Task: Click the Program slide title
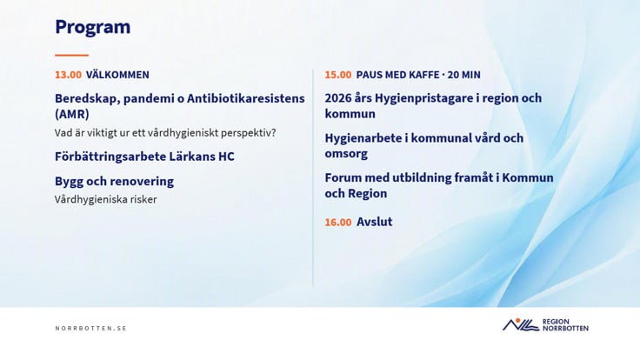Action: tap(93, 27)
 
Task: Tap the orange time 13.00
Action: tap(68, 75)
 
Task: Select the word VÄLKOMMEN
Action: tap(117, 74)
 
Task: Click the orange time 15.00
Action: tap(338, 75)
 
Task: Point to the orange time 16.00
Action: tap(338, 222)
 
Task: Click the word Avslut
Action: tap(374, 222)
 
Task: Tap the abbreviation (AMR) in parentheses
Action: tap(72, 114)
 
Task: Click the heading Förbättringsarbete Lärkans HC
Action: tap(144, 157)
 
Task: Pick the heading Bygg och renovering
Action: tap(114, 181)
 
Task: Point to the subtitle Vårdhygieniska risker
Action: tap(106, 200)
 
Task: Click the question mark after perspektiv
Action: tap(273, 133)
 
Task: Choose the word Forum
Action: tap(343, 178)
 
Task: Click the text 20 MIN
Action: tap(464, 75)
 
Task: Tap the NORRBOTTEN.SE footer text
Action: tap(91, 328)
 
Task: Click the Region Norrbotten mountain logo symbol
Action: tap(521, 324)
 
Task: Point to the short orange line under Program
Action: tap(72, 55)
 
